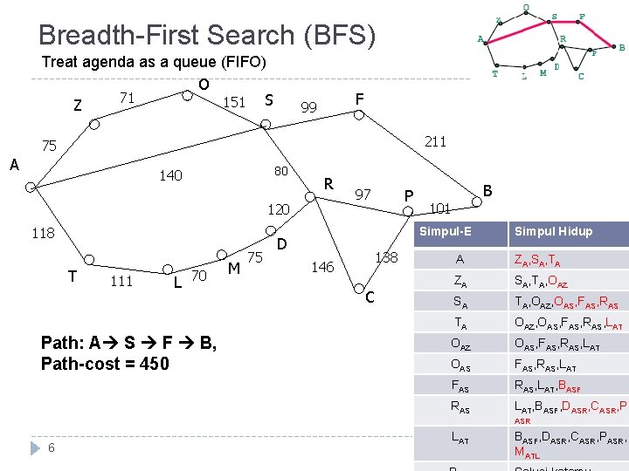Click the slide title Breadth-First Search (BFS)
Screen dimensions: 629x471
[207, 35]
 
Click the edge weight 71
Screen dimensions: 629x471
[127, 98]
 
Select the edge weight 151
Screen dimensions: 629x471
[234, 103]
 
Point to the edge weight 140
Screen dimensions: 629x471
[170, 175]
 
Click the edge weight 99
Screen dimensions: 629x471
[308, 107]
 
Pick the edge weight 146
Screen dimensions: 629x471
[322, 267]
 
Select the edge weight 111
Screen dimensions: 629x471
[121, 280]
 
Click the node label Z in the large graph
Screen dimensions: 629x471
[78, 106]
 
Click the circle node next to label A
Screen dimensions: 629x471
[31, 187]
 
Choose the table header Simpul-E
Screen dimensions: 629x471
[445, 231]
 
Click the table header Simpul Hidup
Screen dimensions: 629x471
[553, 231]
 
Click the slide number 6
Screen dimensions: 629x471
[52, 447]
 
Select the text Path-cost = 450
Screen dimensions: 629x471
[105, 363]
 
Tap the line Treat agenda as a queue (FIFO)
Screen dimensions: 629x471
[154, 62]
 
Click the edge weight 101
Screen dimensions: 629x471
[440, 208]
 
